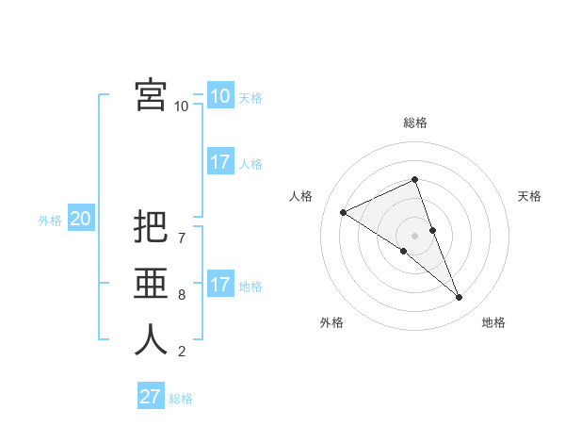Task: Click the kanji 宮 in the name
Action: point(151,95)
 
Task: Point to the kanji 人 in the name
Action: point(151,340)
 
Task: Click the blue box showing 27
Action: point(150,397)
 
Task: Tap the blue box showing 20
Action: point(80,220)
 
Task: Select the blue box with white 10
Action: point(219,96)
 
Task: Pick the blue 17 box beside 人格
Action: point(219,162)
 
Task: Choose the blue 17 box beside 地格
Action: point(219,285)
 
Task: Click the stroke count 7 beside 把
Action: point(182,227)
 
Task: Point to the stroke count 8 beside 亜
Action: point(182,295)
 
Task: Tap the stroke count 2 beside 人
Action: point(182,352)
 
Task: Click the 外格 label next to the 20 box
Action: point(50,221)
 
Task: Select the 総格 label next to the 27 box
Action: point(181,399)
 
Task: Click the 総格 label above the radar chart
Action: point(414,123)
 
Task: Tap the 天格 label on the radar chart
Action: point(530,196)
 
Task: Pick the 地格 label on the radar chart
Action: point(493,322)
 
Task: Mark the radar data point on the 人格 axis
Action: point(344,212)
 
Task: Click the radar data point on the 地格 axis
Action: point(460,298)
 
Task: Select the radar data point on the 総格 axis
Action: point(414,179)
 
